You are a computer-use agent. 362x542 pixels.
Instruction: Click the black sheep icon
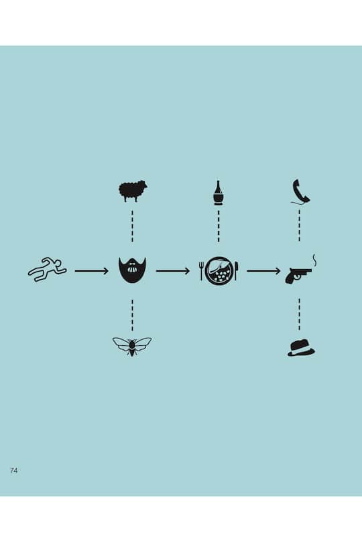132,191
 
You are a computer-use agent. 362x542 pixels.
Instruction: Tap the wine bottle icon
218,193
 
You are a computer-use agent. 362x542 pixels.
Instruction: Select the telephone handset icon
300,191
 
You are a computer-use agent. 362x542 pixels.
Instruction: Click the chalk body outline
48,270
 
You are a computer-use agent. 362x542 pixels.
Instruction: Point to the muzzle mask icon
132,270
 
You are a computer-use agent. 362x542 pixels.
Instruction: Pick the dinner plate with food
219,270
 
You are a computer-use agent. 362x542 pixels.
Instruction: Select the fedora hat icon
301,348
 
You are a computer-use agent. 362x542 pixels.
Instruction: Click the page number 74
14,470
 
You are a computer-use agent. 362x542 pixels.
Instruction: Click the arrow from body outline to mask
92,271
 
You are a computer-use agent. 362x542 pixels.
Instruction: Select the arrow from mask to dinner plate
173,271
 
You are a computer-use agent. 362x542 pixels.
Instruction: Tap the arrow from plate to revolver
263,271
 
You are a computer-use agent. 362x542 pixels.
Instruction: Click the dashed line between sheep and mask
132,226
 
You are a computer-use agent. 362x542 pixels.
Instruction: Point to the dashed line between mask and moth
132,315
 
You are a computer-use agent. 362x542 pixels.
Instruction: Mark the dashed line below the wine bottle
219,226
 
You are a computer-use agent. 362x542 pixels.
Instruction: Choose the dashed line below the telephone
300,225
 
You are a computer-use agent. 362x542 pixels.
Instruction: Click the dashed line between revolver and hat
299,314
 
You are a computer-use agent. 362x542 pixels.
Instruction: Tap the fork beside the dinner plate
201,270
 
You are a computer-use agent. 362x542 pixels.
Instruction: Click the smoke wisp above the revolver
314,260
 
